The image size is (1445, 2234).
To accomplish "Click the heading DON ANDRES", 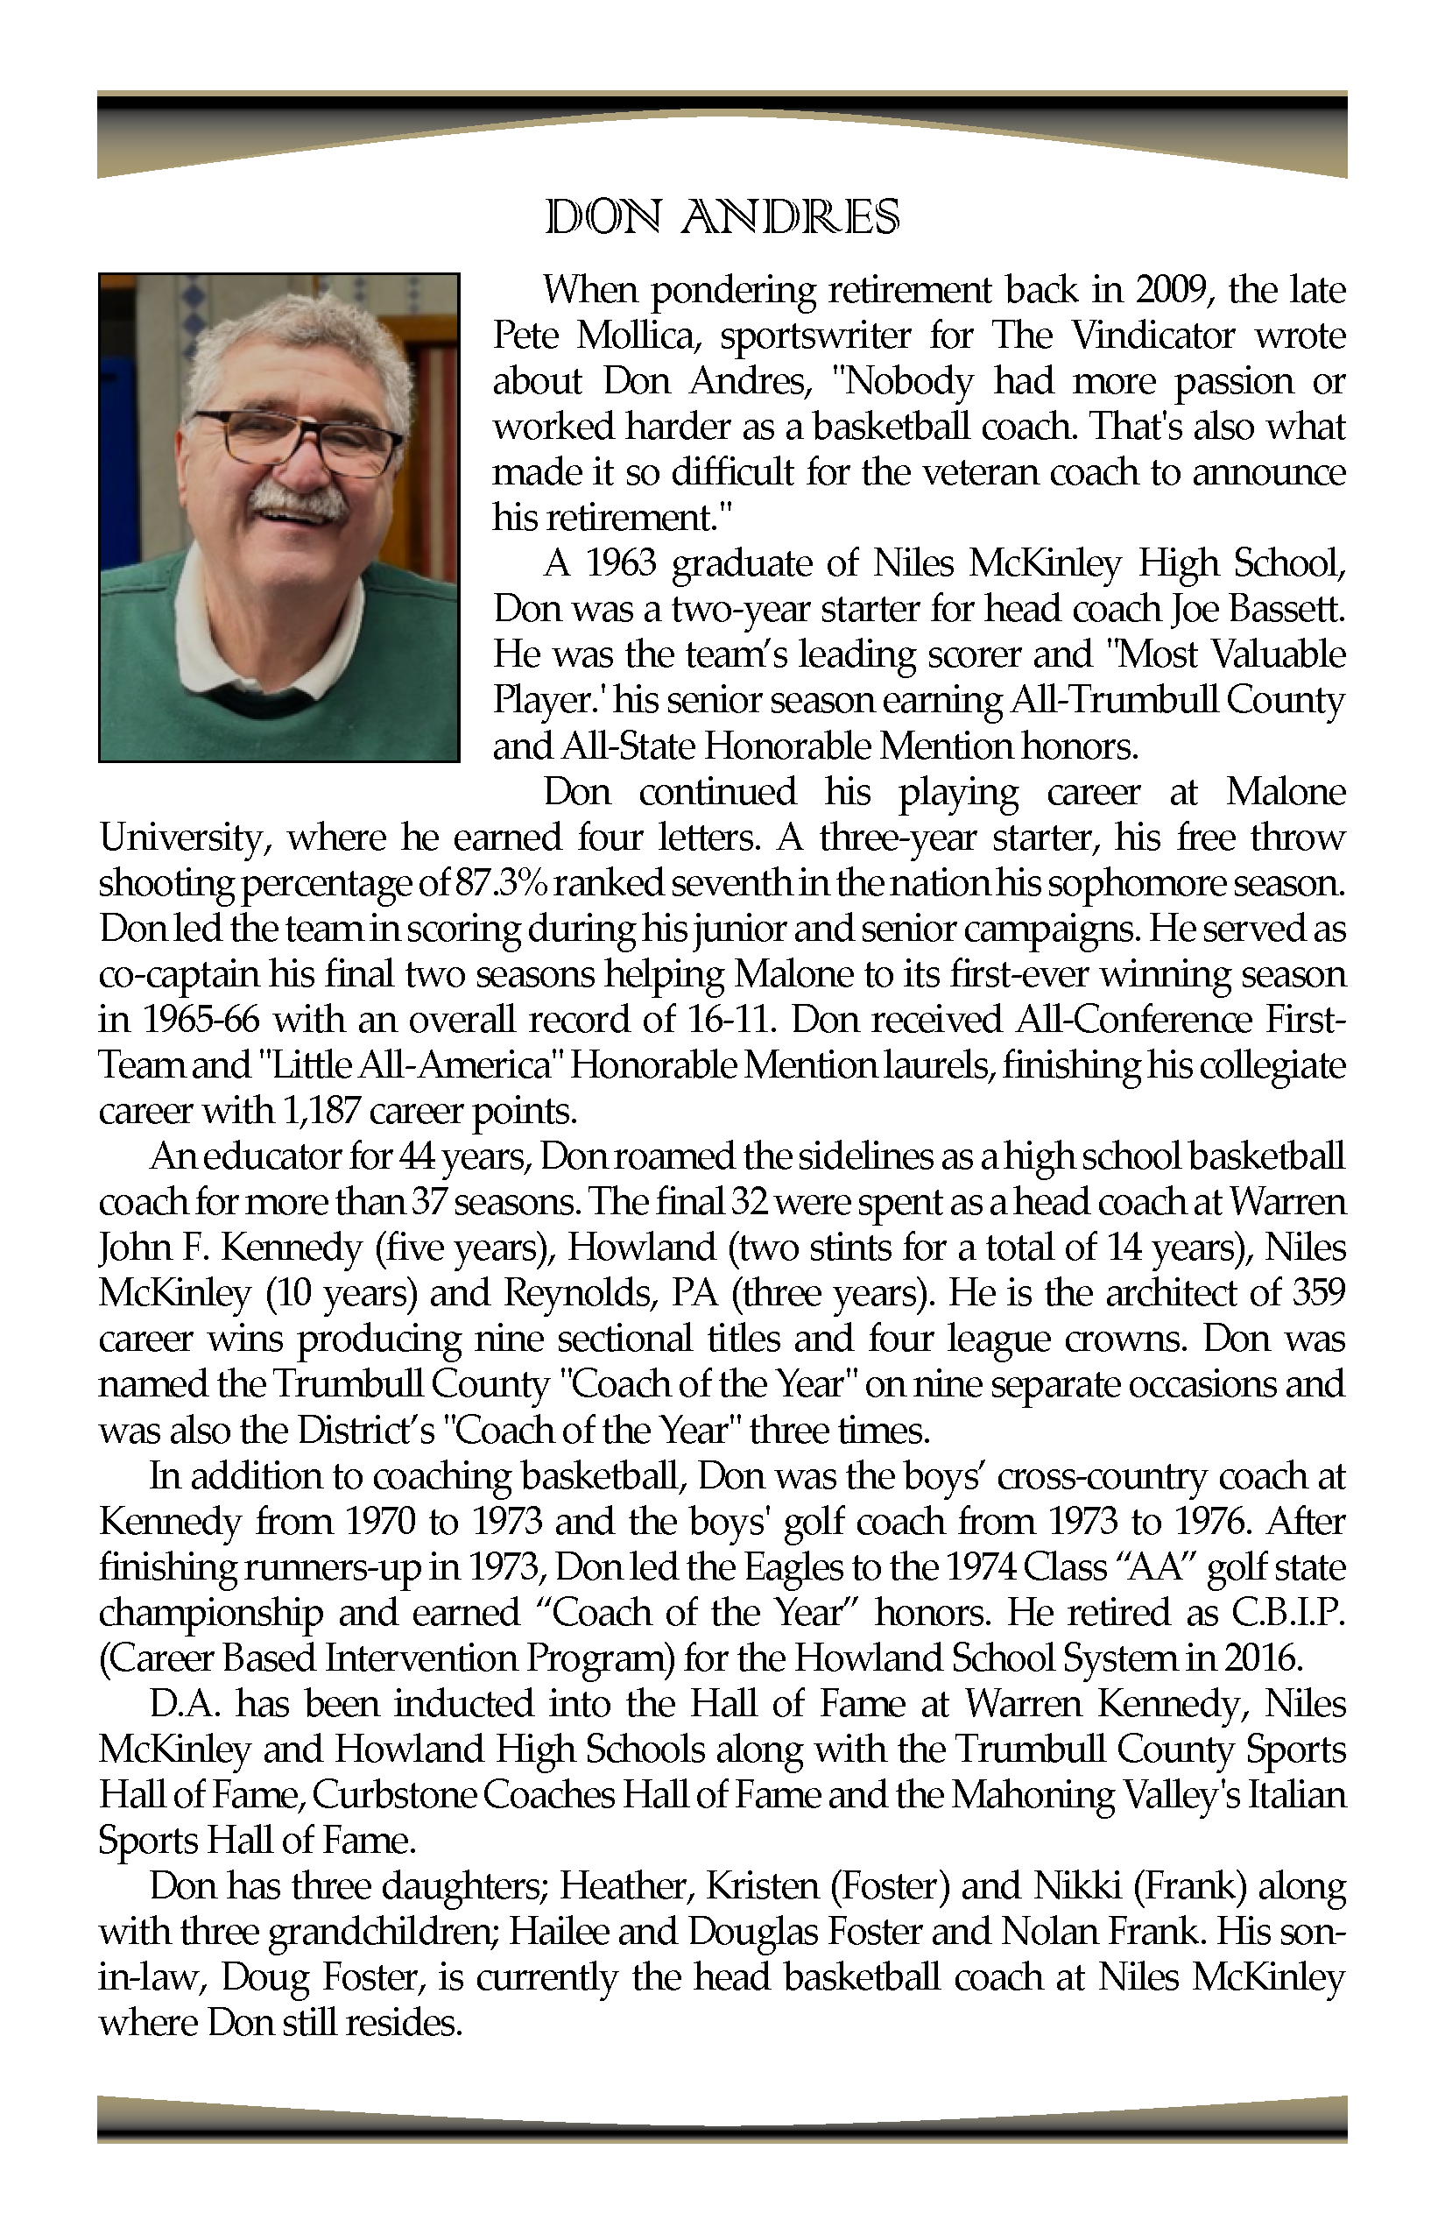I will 722,217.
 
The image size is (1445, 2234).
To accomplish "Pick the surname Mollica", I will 638,335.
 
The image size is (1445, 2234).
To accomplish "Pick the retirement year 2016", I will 1261,1658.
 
